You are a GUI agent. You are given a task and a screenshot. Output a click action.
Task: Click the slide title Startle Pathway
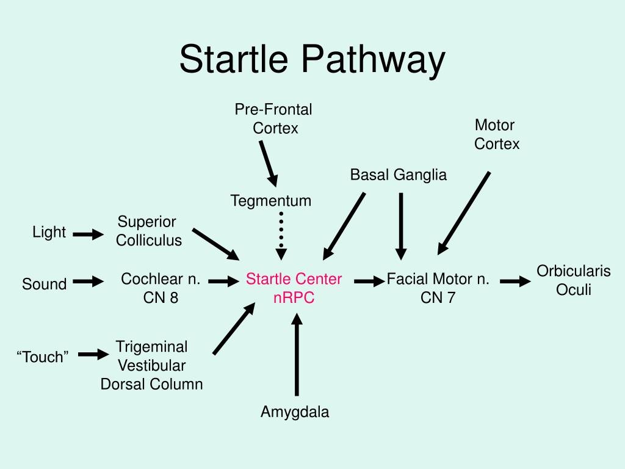pos(312,60)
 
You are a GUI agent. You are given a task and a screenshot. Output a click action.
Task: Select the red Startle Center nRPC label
pos(294,288)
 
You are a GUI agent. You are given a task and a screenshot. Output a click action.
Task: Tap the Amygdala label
pos(295,412)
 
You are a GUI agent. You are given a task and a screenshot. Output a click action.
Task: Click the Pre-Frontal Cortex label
pos(274,118)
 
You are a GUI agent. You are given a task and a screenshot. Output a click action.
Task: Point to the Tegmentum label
pos(271,200)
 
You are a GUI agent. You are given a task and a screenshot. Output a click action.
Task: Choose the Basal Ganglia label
pos(398,175)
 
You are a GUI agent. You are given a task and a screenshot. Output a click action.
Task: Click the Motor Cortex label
pos(496,134)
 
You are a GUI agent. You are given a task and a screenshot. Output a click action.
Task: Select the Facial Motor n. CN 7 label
pos(438,288)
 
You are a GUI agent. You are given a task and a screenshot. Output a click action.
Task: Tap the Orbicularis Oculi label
pos(573,280)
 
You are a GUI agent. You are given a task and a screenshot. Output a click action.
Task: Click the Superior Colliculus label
pos(148,231)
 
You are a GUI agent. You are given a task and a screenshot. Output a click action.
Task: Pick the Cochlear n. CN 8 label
pos(161,288)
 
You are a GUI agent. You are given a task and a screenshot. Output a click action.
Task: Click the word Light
pos(49,232)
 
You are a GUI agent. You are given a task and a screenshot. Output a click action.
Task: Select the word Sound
pos(45,284)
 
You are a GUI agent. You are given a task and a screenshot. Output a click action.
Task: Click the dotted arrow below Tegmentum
pos(281,237)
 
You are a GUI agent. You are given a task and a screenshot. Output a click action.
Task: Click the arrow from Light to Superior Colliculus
pos(88,234)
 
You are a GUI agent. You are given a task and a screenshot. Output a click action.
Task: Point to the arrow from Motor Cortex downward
pos(464,213)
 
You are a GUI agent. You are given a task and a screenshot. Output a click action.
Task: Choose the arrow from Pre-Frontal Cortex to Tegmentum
pos(267,163)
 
